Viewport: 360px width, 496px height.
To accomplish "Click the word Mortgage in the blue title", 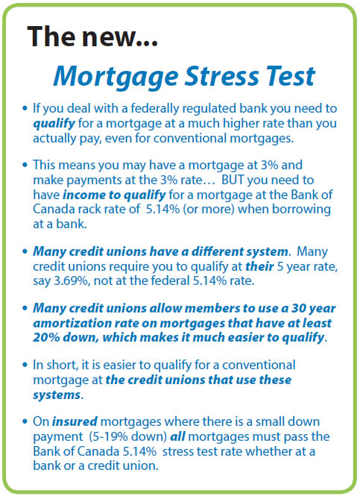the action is click(116, 77).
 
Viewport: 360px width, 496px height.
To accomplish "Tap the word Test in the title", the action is click(291, 76).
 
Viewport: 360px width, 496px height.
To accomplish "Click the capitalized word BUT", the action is click(233, 180).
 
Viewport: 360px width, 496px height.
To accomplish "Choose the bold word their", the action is click(259, 266).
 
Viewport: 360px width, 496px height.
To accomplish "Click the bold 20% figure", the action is click(46, 338).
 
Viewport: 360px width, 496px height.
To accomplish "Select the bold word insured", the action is click(75, 421).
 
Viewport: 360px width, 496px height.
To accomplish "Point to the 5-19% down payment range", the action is click(127, 437).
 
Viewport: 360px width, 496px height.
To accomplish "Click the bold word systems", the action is click(57, 395).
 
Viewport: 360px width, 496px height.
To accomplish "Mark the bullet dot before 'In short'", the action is click(25, 365).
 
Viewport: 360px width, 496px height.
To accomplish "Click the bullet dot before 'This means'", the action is click(25, 165).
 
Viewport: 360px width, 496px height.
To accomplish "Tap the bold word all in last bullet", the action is click(177, 437).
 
